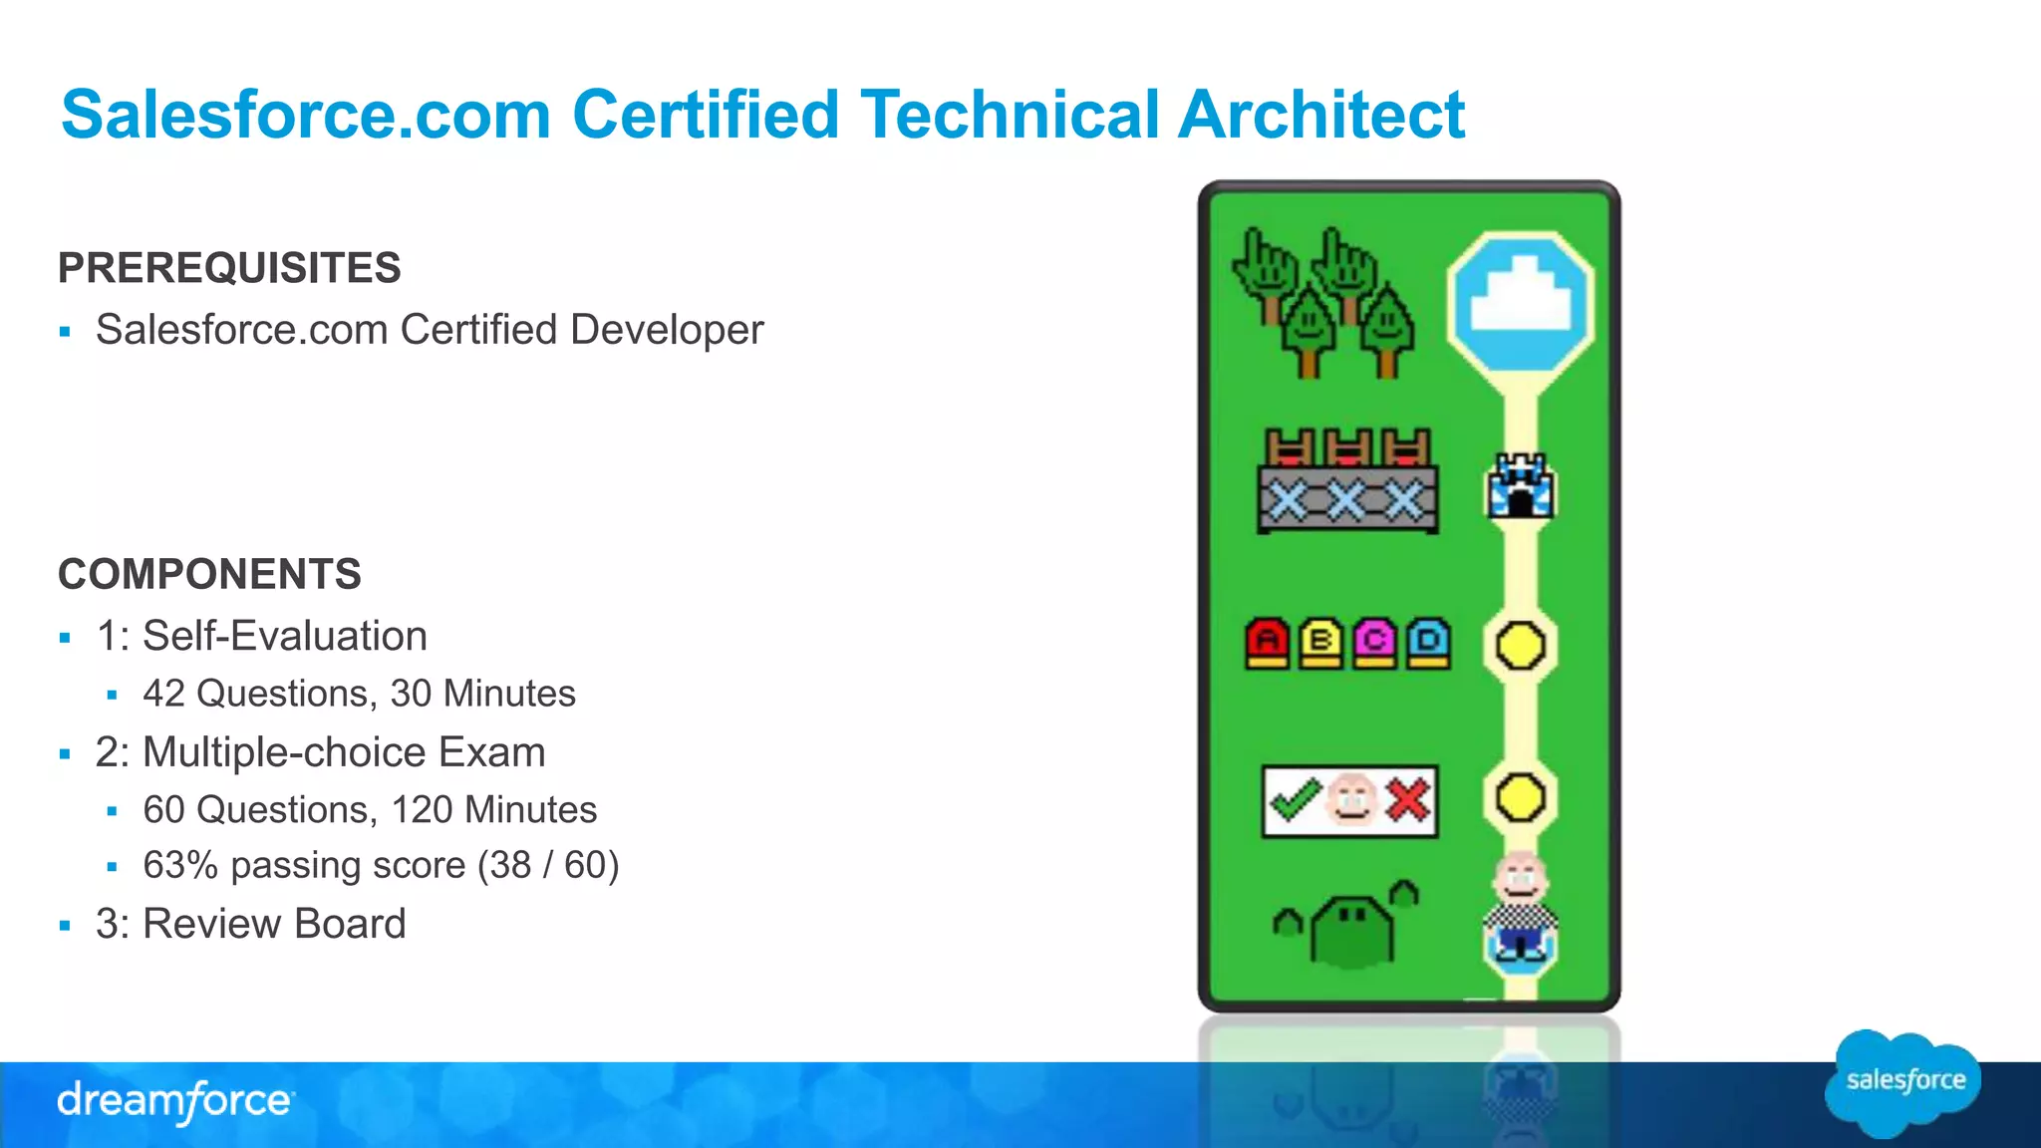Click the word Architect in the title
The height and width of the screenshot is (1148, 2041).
(1320, 115)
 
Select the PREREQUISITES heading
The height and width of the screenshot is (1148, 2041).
(229, 268)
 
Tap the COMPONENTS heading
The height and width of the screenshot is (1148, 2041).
(209, 574)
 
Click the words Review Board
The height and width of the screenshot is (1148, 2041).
(274, 924)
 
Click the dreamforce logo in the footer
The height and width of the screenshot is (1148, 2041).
(175, 1102)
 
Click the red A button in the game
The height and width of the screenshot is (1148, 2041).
(1267, 643)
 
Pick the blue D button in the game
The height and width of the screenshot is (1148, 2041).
(1428, 643)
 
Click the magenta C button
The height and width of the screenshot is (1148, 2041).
(1374, 643)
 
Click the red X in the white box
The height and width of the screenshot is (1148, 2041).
(1406, 800)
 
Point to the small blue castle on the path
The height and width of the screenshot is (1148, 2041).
(1520, 486)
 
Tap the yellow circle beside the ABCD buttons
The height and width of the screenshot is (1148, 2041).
(1520, 645)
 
